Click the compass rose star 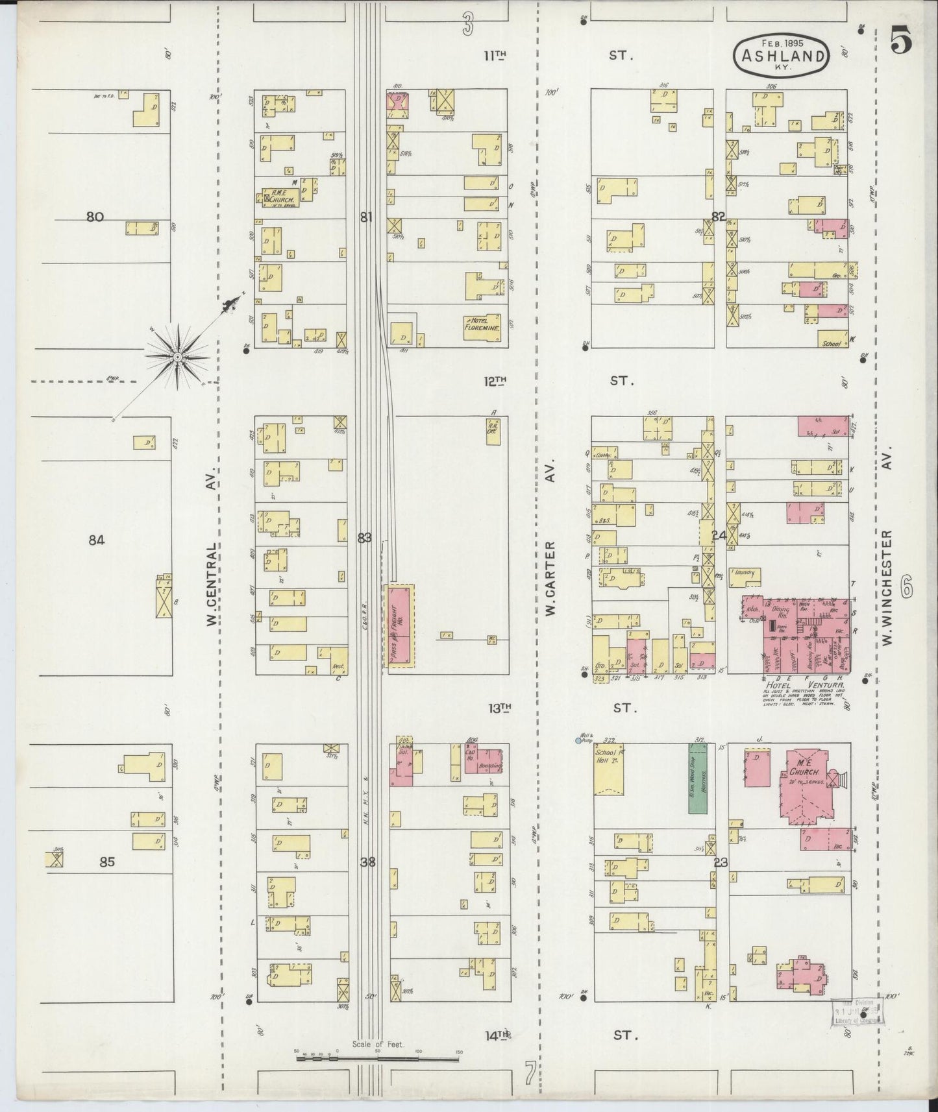177,357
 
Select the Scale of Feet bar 376,1058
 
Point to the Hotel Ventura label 805,685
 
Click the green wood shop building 697,778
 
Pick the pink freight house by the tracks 400,625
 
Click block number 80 95,217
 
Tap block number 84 96,540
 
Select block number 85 107,862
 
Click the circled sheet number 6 907,589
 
